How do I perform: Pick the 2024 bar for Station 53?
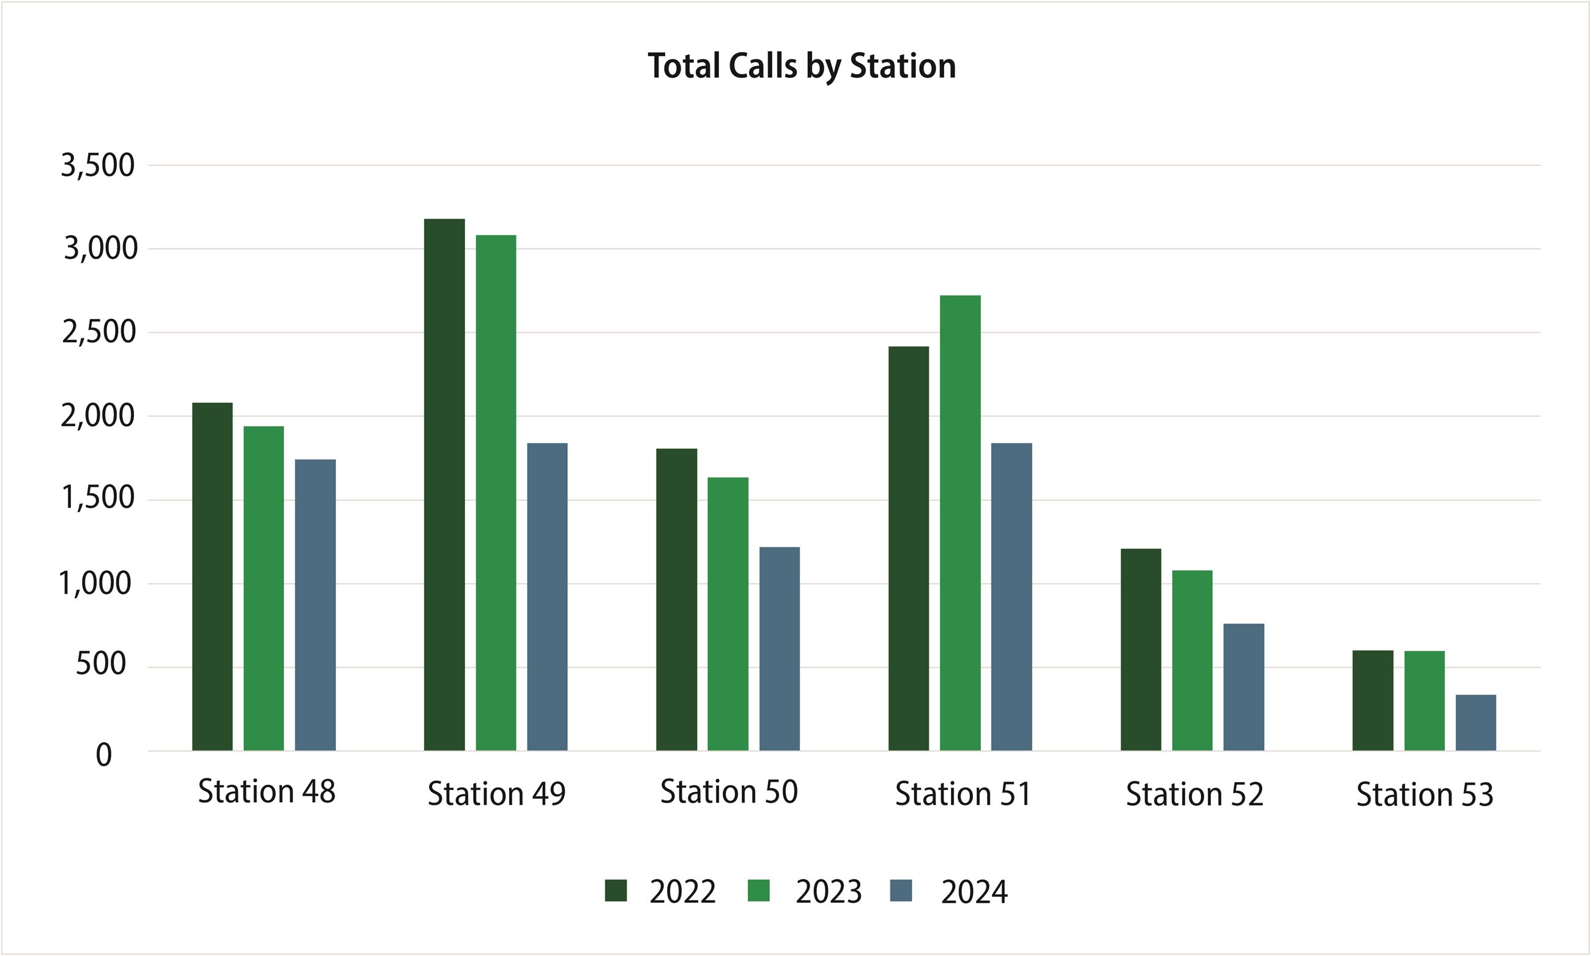(x=1476, y=722)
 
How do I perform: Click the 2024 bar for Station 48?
(x=315, y=605)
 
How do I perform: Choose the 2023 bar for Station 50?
(x=728, y=614)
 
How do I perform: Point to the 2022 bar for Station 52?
(x=1141, y=649)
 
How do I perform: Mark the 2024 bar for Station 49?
(x=547, y=597)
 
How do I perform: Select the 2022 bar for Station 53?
(x=1373, y=700)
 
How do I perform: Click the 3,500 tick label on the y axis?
(x=98, y=166)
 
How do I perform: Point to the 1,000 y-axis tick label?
(x=95, y=584)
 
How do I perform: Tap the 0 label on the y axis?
(x=103, y=755)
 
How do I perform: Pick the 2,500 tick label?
(x=99, y=332)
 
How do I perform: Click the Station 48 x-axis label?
(x=266, y=792)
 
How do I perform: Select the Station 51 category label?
(x=963, y=794)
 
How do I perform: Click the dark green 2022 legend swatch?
(x=616, y=891)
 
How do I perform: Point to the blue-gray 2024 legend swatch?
(x=901, y=891)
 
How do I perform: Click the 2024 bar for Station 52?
(x=1243, y=687)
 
